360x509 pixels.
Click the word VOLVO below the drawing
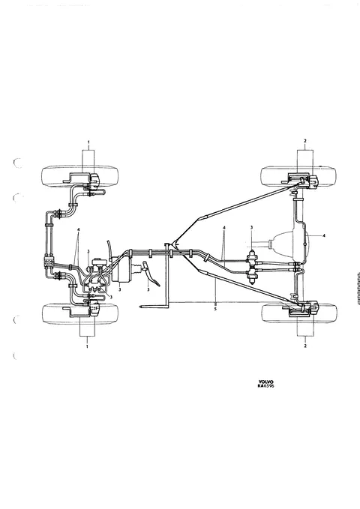pyautogui.click(x=265, y=382)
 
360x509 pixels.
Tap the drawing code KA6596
pyautogui.click(x=265, y=386)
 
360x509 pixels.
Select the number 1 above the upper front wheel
pyautogui.click(x=88, y=142)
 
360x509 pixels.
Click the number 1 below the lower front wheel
pyautogui.click(x=87, y=346)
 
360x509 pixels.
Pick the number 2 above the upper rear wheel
pyautogui.click(x=304, y=141)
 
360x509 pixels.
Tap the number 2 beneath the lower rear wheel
pyautogui.click(x=305, y=346)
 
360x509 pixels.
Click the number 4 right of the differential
pyautogui.click(x=323, y=236)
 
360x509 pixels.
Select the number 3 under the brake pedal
pyautogui.click(x=148, y=289)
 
